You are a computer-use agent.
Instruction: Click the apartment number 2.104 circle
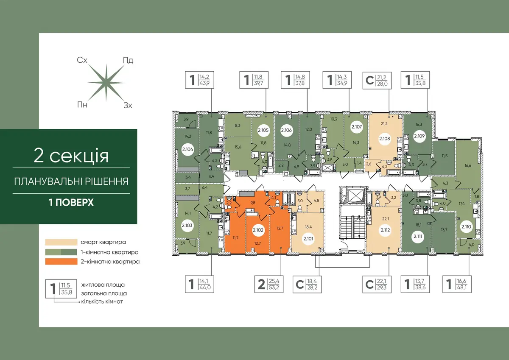(x=187, y=149)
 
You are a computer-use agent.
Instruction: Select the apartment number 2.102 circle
(x=258, y=230)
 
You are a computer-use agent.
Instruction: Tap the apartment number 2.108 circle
(x=384, y=139)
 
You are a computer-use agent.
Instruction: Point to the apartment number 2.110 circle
(x=466, y=226)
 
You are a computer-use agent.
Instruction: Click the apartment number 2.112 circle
(x=385, y=230)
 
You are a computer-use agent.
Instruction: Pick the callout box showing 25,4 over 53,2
(x=269, y=284)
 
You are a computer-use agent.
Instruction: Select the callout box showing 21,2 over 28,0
(x=377, y=80)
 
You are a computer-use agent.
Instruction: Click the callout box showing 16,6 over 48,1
(x=457, y=284)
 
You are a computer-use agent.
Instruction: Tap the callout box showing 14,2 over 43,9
(x=199, y=80)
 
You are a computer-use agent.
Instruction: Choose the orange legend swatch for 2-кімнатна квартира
(x=61, y=262)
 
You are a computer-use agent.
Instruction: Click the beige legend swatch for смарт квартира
(x=61, y=242)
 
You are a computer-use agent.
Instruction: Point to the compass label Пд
(x=128, y=60)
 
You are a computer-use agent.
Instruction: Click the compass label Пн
(x=82, y=105)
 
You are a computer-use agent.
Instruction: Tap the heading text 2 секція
(x=71, y=156)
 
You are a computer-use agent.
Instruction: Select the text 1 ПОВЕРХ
(x=71, y=202)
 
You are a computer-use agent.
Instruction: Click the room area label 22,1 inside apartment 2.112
(x=386, y=219)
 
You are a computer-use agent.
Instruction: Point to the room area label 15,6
(x=238, y=147)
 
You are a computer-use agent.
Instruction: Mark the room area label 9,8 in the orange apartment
(x=252, y=203)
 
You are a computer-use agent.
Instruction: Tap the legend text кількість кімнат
(x=102, y=301)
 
